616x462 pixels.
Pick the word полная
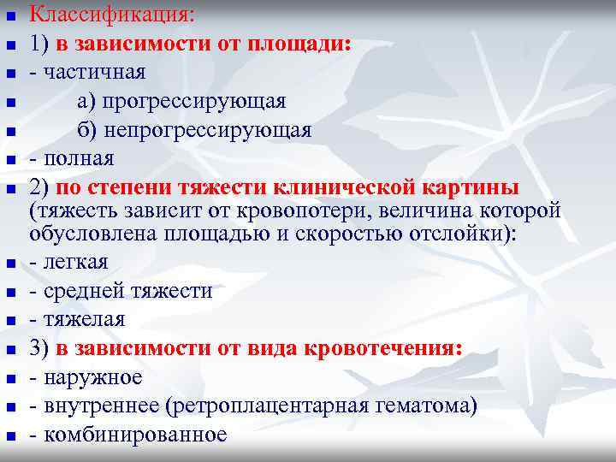(78, 159)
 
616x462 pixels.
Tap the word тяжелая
(84, 320)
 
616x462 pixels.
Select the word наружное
(92, 377)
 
